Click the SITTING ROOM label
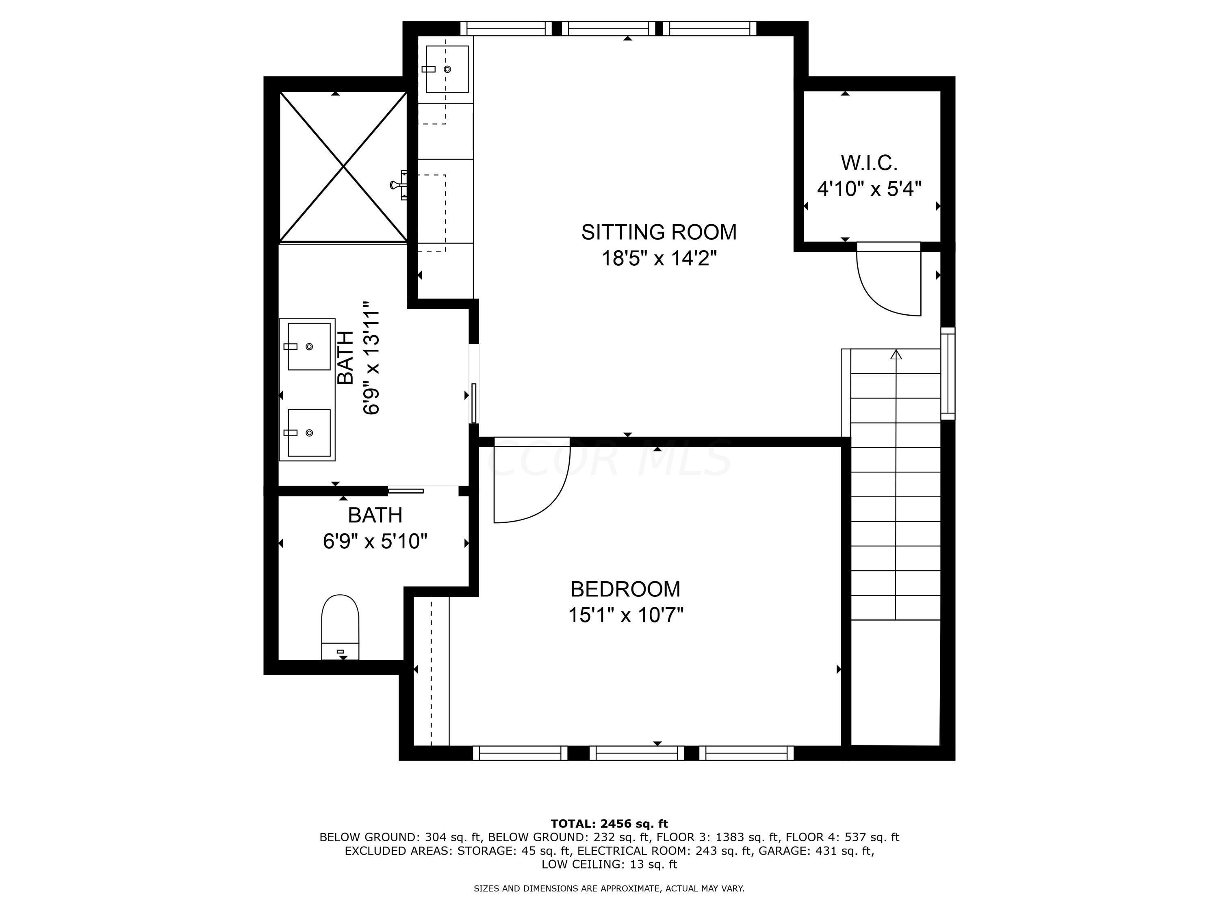659,232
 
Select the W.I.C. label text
869,163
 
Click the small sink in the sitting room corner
447,69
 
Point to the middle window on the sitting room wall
608,28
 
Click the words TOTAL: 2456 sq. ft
609,824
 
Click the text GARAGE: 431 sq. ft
816,851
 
